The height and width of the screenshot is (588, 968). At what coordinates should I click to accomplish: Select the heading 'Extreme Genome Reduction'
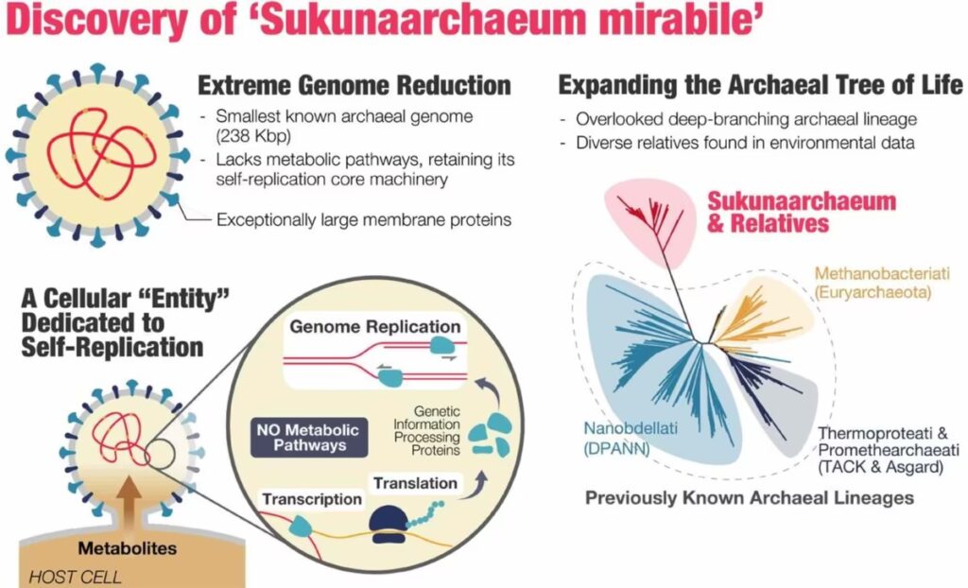[x=354, y=85]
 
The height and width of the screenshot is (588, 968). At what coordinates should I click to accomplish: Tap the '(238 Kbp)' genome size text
[x=252, y=135]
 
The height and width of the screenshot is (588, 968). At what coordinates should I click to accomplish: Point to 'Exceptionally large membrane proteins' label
[x=364, y=219]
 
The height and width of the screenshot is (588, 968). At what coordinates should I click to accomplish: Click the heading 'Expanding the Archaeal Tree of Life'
[x=761, y=85]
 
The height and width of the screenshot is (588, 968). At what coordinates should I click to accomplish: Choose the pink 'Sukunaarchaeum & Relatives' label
[x=801, y=212]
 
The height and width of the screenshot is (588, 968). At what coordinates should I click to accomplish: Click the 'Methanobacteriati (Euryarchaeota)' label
[x=882, y=283]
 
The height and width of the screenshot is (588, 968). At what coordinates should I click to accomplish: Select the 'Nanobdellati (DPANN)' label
[x=631, y=439]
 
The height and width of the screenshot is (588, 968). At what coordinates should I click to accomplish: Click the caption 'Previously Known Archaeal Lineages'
[x=749, y=498]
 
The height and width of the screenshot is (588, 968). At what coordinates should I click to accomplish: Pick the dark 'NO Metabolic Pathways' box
[x=309, y=438]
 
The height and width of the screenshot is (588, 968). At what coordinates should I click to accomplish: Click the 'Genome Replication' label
[x=374, y=326]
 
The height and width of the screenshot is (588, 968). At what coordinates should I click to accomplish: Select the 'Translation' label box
[x=415, y=483]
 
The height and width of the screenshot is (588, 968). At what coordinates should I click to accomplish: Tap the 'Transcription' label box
[x=312, y=499]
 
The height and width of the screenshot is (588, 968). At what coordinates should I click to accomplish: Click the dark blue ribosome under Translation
[x=389, y=524]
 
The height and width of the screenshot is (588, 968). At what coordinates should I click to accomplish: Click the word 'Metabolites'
[x=128, y=548]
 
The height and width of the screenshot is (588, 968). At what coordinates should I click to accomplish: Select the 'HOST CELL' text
[x=75, y=577]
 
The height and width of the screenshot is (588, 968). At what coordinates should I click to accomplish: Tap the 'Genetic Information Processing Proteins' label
[x=426, y=430]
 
